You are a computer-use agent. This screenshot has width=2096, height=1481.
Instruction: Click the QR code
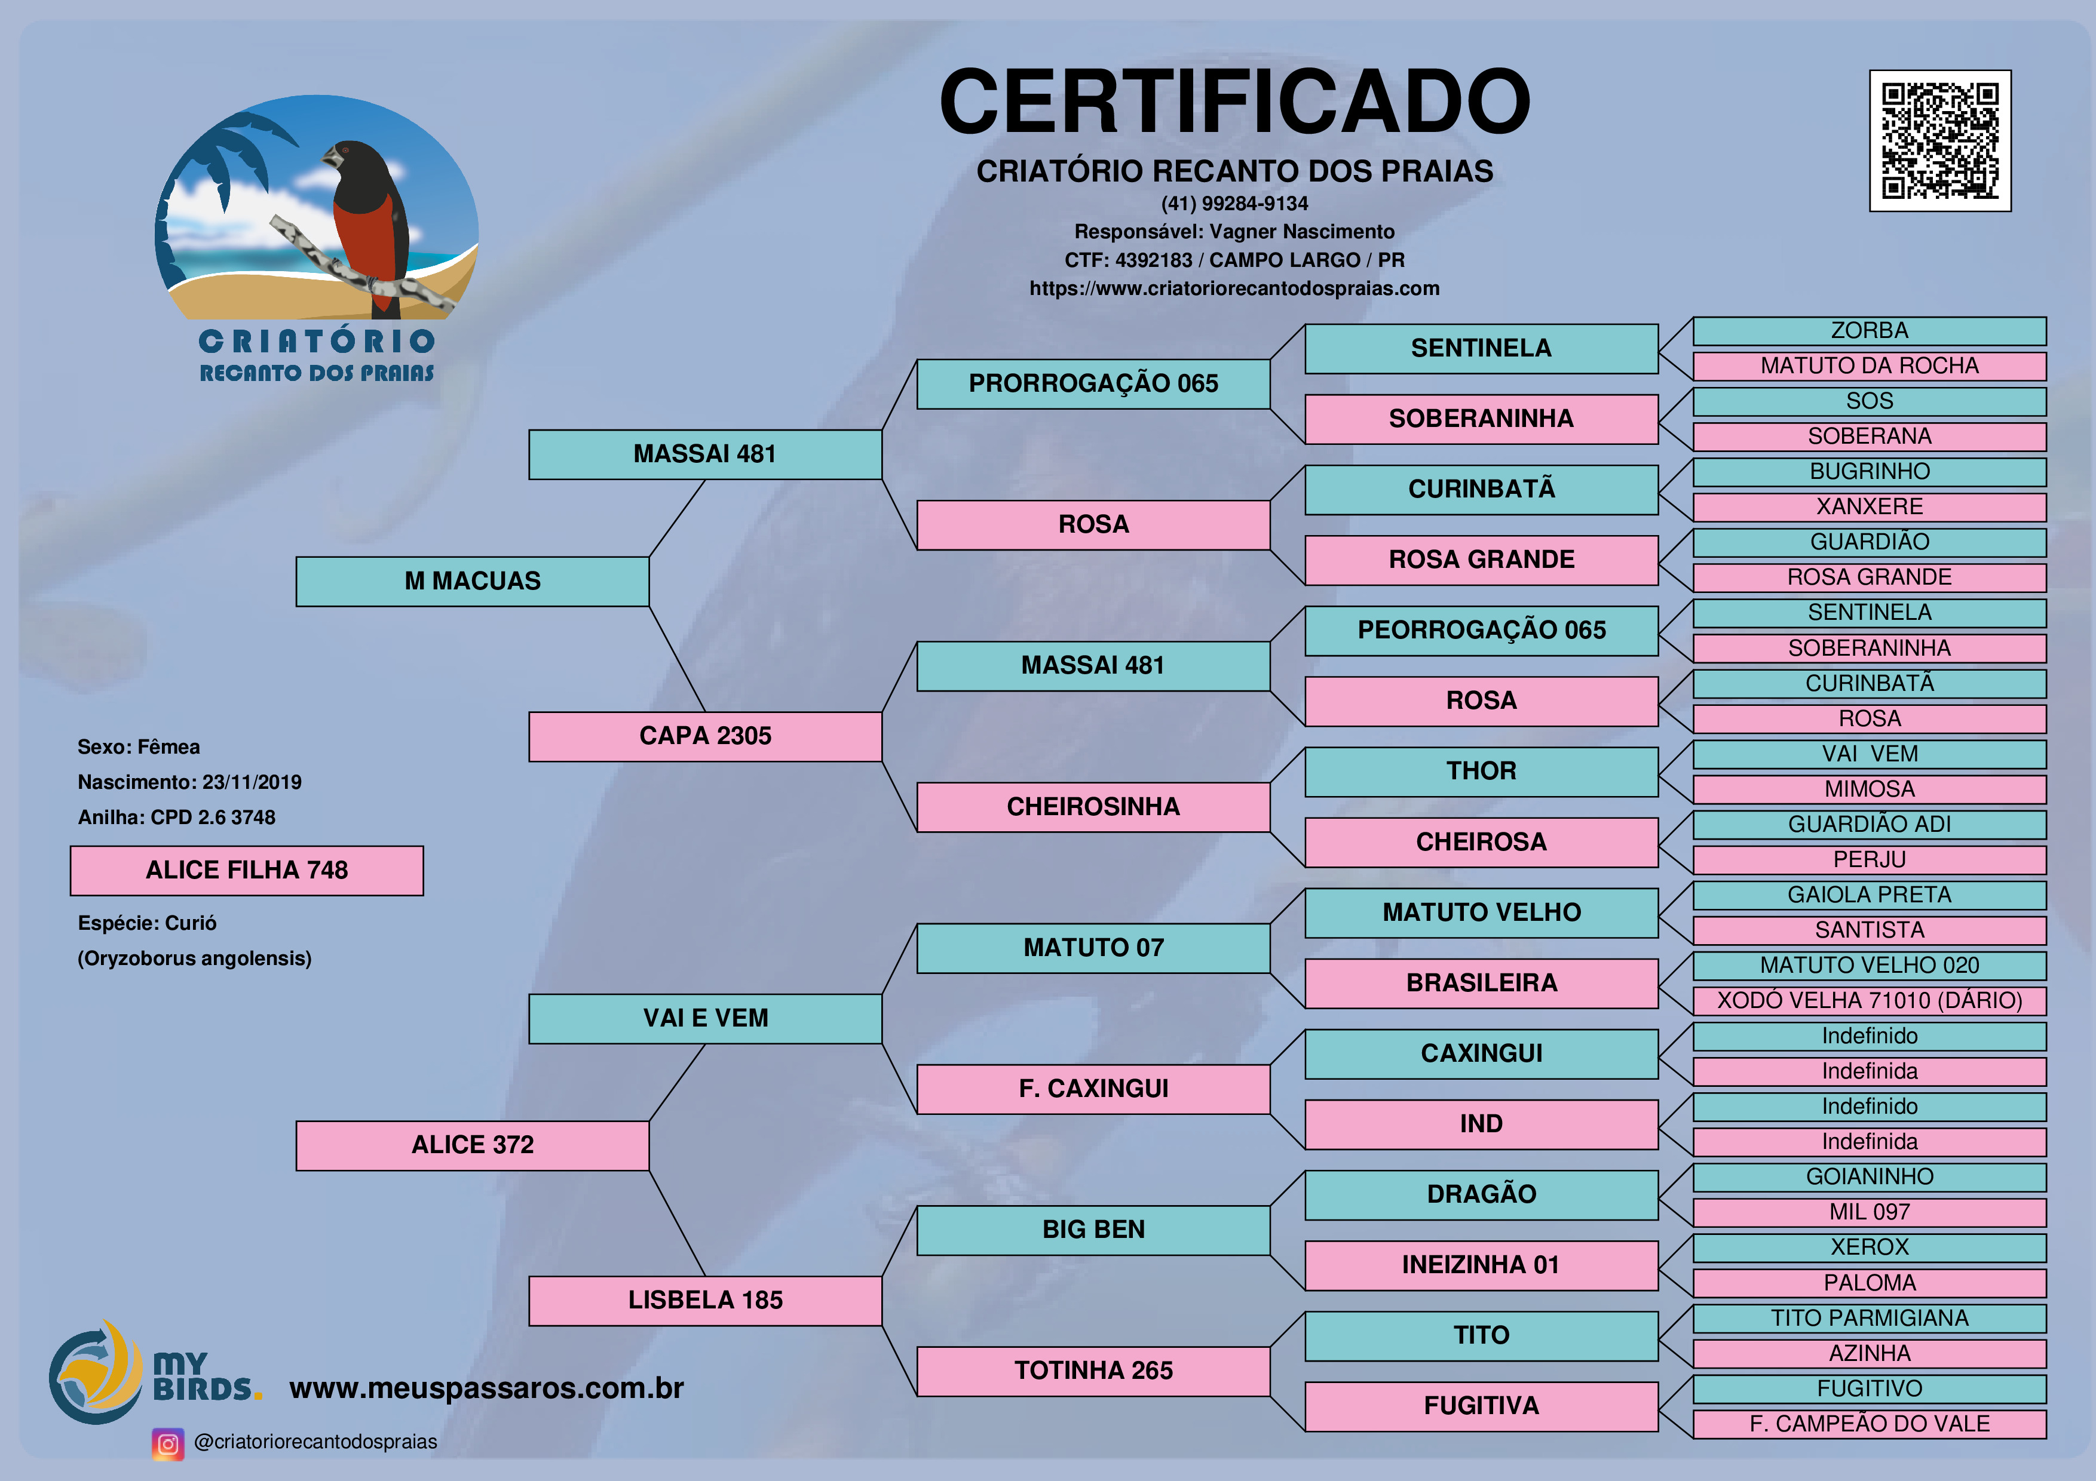[1940, 140]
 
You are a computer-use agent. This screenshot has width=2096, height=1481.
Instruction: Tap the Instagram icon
[168, 1443]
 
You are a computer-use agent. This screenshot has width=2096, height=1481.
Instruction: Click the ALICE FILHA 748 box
[247, 871]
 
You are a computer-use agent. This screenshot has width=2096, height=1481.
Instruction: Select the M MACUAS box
[473, 581]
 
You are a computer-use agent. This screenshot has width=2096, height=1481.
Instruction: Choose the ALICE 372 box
[473, 1145]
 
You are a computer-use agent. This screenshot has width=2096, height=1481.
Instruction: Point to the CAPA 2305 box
[706, 736]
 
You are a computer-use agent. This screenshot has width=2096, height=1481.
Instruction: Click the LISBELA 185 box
[706, 1300]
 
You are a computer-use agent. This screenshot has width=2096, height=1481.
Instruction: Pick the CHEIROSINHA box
[1093, 807]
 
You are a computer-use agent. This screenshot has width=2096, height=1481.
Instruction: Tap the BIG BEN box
[1093, 1230]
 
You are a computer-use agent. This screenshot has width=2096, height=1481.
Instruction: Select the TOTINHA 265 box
[1093, 1371]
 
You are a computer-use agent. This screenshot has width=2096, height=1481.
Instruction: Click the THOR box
[1482, 771]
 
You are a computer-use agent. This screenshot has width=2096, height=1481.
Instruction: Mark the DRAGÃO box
[1482, 1194]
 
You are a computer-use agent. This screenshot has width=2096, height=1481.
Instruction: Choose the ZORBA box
[1870, 331]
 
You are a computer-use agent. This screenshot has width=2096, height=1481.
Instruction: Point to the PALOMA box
[1870, 1283]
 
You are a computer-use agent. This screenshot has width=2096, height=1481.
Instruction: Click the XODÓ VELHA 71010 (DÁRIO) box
[1870, 1001]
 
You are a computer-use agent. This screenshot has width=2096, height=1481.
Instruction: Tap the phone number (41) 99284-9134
[1234, 204]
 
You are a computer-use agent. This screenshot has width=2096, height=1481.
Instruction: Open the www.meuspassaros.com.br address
[486, 1388]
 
